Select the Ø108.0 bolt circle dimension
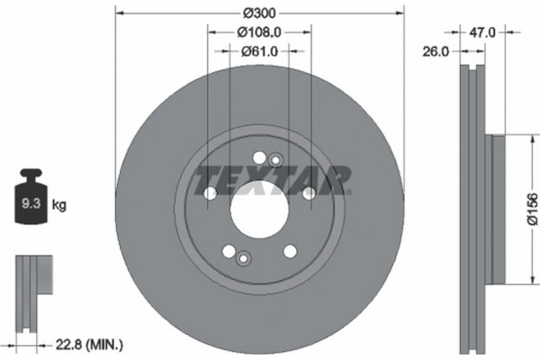pos(259,33)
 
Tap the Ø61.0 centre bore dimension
pos(259,50)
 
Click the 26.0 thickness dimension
pos(436,52)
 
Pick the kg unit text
pos(60,205)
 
